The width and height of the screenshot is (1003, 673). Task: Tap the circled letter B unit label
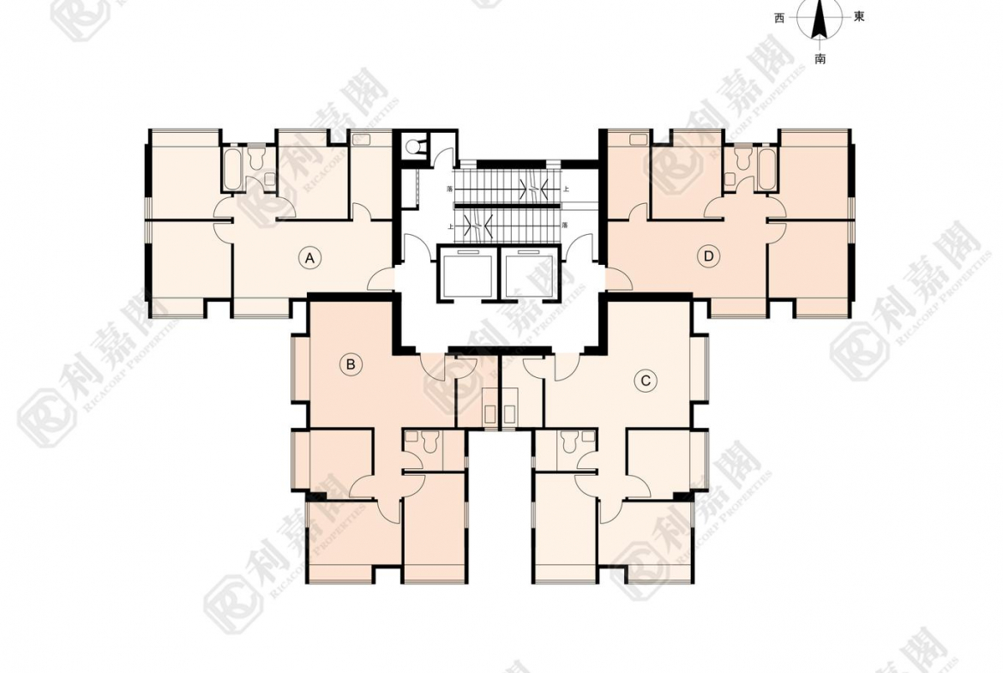[351, 365]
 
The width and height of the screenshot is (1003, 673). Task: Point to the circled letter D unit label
[708, 255]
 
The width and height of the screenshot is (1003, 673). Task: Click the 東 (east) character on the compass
[859, 17]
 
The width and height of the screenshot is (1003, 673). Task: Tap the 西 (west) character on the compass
[779, 18]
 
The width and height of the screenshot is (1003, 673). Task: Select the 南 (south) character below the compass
[820, 59]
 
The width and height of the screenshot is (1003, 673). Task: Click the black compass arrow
[820, 19]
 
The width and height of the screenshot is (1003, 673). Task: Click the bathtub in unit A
[232, 170]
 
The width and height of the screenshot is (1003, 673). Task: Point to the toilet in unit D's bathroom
[742, 159]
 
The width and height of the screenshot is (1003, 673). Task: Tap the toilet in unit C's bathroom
[568, 442]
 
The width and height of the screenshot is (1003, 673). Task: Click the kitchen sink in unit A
[360, 140]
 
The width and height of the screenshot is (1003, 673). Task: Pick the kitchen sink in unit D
[638, 140]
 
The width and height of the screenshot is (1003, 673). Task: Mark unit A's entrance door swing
[380, 279]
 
